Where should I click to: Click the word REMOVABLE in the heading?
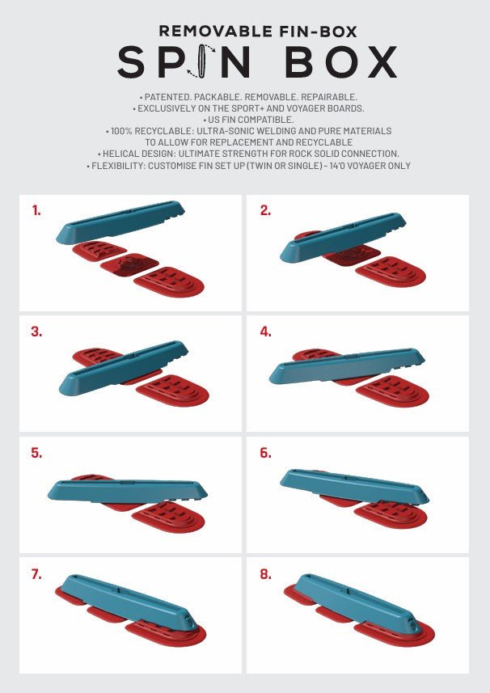(x=216, y=32)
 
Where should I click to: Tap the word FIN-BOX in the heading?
(x=318, y=32)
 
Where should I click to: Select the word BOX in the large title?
(x=341, y=62)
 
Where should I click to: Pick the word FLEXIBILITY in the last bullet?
(x=118, y=166)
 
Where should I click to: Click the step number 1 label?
(x=36, y=211)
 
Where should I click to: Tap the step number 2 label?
(x=265, y=211)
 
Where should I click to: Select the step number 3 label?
(x=36, y=332)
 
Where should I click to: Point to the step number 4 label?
(x=265, y=332)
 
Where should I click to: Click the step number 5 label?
(x=36, y=453)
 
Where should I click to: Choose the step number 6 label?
(x=265, y=453)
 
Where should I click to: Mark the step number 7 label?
(x=36, y=574)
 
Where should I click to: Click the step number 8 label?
(x=265, y=574)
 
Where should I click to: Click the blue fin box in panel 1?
(x=120, y=222)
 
